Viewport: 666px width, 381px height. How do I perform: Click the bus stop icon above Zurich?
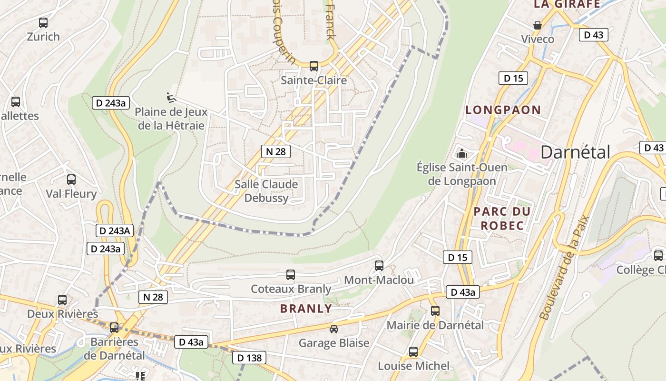click(43, 22)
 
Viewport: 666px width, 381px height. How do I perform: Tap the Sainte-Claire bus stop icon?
click(314, 66)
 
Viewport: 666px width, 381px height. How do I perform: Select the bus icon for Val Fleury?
click(71, 180)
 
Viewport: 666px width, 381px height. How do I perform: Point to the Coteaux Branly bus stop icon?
click(291, 275)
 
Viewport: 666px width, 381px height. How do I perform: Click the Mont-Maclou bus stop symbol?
click(379, 266)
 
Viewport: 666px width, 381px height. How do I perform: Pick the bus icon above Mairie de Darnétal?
click(435, 311)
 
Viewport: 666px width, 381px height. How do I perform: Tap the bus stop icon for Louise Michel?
click(413, 352)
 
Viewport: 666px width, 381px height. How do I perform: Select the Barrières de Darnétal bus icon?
click(114, 328)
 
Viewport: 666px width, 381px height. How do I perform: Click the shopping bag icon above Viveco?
click(538, 25)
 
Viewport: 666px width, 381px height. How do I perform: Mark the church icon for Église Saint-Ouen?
click(461, 153)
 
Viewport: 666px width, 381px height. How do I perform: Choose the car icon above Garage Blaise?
click(334, 329)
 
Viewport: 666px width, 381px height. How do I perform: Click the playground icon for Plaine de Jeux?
click(171, 98)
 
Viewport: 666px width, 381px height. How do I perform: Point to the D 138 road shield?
click(249, 358)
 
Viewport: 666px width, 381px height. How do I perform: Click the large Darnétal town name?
click(575, 152)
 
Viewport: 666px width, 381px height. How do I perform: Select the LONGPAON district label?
click(503, 110)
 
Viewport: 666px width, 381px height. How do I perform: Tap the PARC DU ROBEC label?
click(502, 219)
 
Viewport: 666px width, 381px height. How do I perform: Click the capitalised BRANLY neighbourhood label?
click(306, 309)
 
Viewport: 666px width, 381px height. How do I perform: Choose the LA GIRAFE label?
click(567, 4)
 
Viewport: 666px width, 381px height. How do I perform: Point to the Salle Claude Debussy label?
click(266, 191)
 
